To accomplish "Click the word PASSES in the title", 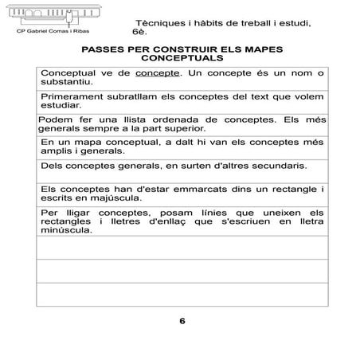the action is (x=104, y=49).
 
